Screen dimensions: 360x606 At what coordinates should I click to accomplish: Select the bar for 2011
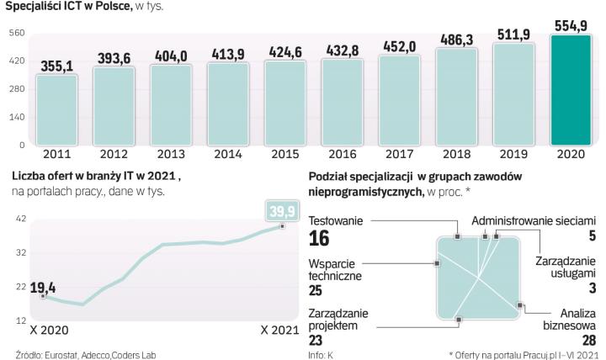click(x=56, y=109)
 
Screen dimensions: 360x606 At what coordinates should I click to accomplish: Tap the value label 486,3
click(x=455, y=40)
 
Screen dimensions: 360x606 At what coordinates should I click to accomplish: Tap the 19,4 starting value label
click(x=43, y=287)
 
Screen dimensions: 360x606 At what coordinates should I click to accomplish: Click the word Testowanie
click(x=336, y=221)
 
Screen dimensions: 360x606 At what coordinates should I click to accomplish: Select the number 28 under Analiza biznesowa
click(x=588, y=341)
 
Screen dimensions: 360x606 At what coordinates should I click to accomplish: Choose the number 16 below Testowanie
click(x=320, y=240)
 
